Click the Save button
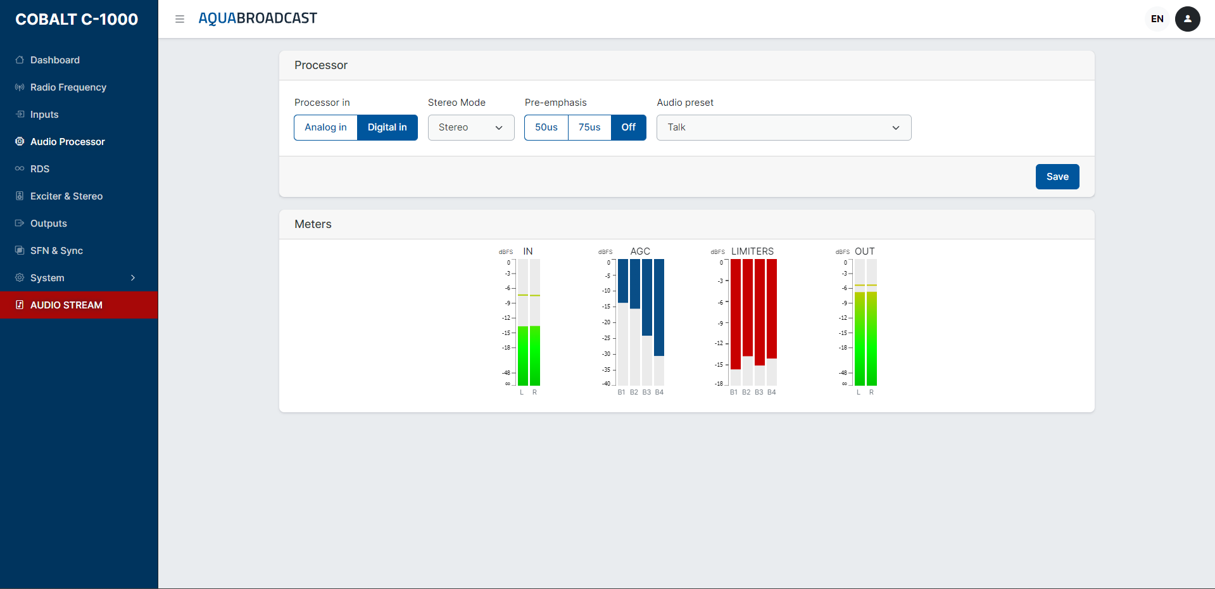(x=1057, y=177)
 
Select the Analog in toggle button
(x=325, y=127)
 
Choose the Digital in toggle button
(x=387, y=127)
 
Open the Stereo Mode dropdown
(x=471, y=127)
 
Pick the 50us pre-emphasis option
(x=546, y=127)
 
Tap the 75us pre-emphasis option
(x=589, y=127)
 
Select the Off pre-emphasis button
(x=628, y=127)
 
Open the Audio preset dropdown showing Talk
(x=783, y=127)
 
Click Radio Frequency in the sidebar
(x=68, y=87)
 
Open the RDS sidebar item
(x=40, y=169)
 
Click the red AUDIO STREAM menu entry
(x=66, y=305)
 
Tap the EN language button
(x=1157, y=19)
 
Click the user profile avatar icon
(x=1187, y=19)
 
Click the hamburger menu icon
(x=180, y=19)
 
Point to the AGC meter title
(x=640, y=251)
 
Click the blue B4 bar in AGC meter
(x=659, y=307)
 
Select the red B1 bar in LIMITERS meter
(x=735, y=313)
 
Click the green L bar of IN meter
(x=523, y=355)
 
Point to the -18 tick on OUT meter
(x=843, y=348)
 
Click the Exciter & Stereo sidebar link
(x=66, y=196)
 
